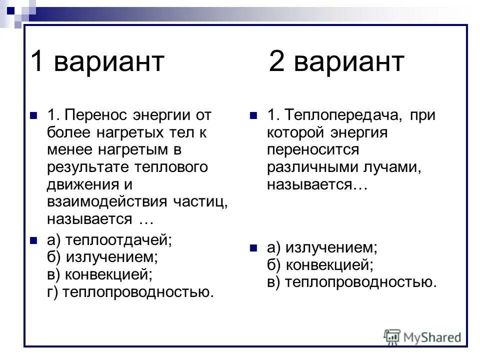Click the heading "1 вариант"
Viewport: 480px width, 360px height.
[x=97, y=62]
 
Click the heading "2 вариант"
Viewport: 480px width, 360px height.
[x=336, y=62]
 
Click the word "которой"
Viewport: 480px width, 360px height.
[x=295, y=133]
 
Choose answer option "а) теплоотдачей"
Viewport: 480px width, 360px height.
[x=109, y=240]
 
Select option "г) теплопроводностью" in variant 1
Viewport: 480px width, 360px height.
[x=130, y=292]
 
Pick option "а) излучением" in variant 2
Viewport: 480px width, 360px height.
[x=322, y=246]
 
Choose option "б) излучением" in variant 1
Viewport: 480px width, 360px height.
[x=102, y=257]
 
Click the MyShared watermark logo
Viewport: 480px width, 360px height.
[x=422, y=336]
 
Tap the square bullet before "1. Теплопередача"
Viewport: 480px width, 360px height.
[x=254, y=116]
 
